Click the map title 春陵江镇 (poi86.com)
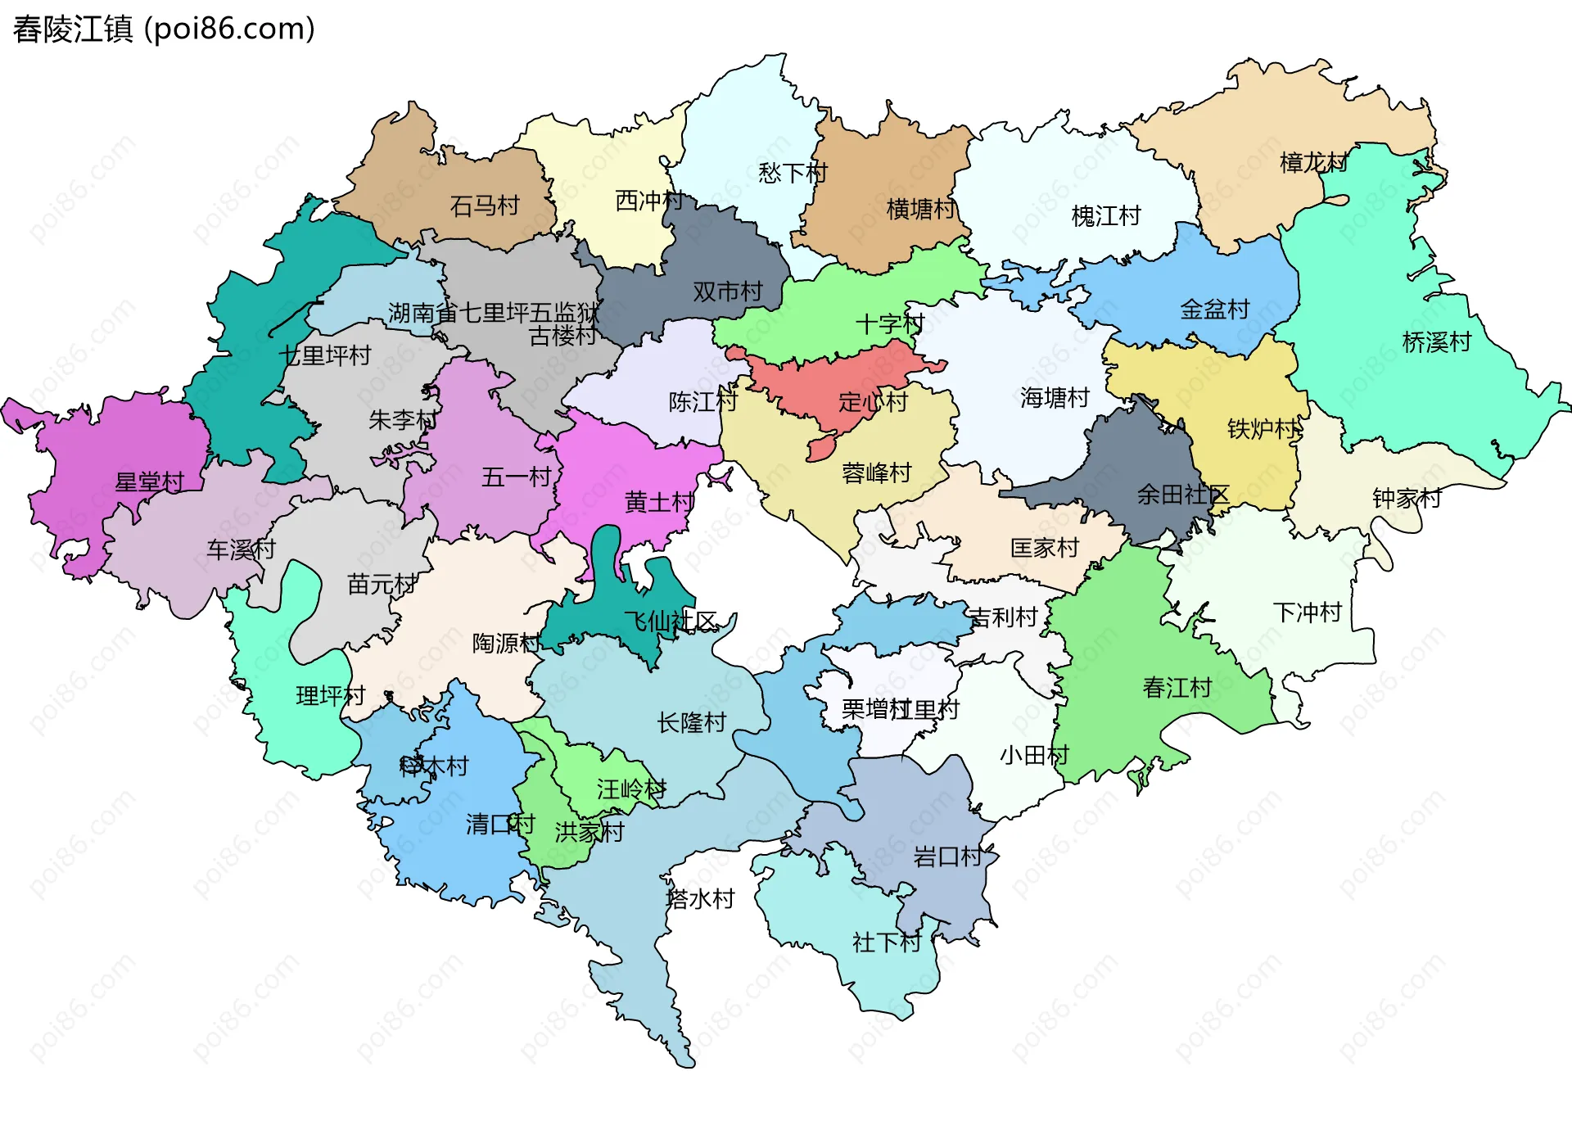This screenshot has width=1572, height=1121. (164, 29)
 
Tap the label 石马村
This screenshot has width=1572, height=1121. (485, 206)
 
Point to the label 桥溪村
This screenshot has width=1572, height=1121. (1437, 342)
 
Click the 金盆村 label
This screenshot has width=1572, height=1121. (1214, 310)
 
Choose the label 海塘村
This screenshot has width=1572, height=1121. (1055, 398)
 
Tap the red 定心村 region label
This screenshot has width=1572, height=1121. (873, 402)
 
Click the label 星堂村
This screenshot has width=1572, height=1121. (149, 481)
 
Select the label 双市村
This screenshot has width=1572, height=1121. (727, 292)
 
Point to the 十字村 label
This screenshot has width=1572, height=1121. (889, 324)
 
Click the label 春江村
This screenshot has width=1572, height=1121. (1177, 687)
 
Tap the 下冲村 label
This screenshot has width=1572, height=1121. (1307, 612)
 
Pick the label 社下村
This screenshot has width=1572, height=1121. (887, 942)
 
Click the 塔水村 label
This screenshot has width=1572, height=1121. (700, 899)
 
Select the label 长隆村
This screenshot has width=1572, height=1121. (692, 722)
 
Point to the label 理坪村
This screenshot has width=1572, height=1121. (330, 696)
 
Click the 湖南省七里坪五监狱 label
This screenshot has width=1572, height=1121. (494, 312)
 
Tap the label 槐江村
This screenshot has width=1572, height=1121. (1106, 216)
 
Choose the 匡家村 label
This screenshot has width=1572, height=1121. (1045, 548)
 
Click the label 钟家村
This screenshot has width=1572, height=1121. (1407, 498)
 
